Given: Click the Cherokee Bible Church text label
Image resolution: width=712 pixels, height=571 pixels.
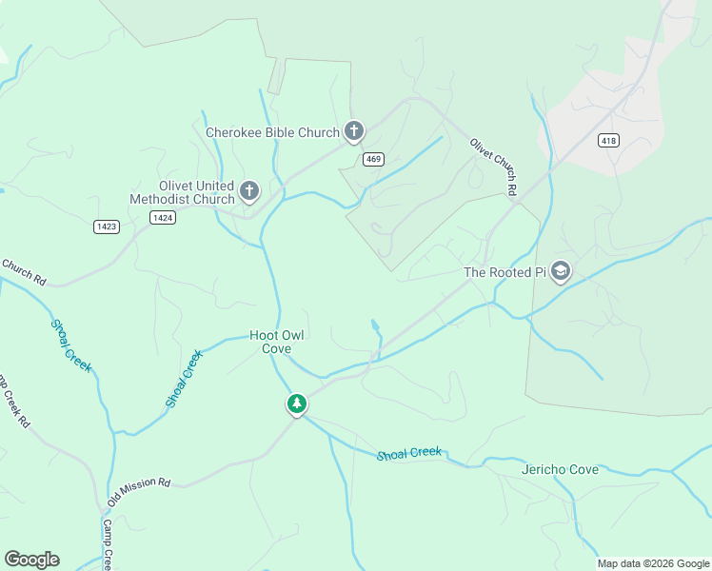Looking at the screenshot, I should [272, 132].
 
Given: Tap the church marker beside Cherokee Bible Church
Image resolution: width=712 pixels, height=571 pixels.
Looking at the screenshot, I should [354, 131].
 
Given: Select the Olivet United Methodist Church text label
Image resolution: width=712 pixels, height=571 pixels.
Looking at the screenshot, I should [182, 192].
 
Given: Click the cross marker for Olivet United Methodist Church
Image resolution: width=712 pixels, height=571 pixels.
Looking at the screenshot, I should [249, 191].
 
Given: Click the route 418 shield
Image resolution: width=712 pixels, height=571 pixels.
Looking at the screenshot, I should [608, 141].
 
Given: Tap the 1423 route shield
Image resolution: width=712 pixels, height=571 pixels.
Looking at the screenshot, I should [107, 226].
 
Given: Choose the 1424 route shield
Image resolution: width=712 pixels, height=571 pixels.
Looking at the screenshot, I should [162, 217].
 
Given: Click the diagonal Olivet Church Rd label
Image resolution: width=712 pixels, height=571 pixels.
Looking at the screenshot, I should [493, 167].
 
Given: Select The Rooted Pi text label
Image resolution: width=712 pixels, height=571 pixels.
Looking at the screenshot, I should [503, 272].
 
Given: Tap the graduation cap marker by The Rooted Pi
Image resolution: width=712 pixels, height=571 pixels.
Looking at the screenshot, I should [561, 272].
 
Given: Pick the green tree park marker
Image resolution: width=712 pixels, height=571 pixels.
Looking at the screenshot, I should [297, 404].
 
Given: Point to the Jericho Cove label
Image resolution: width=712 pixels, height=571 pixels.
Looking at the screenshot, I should [560, 470].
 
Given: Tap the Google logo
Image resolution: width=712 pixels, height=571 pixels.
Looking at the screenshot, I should [31, 560].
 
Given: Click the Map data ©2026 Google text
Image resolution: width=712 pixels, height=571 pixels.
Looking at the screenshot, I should [653, 563].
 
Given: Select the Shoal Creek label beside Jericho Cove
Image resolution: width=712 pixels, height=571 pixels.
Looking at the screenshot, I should [409, 453].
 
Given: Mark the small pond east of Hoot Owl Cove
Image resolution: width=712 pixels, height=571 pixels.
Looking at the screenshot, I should [376, 325].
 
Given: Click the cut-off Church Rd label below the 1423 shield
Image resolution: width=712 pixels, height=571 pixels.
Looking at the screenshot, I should [24, 271].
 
